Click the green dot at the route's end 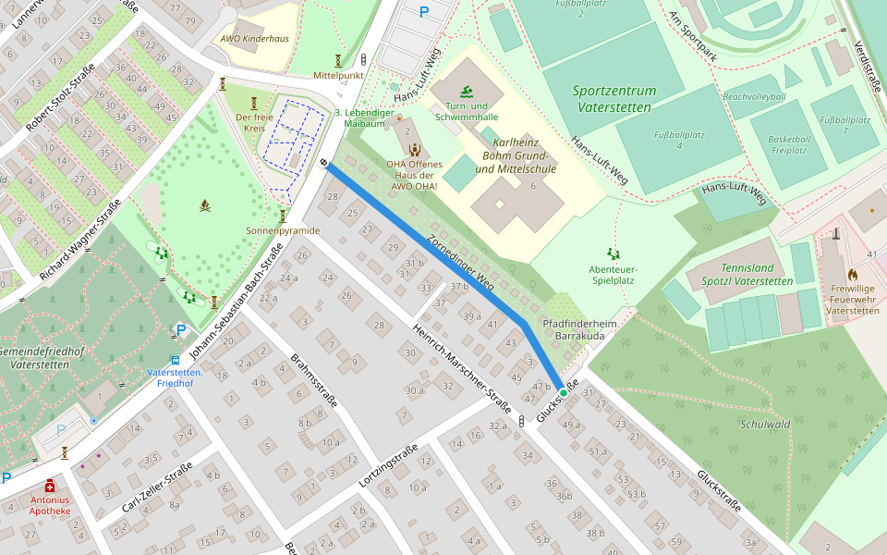point(563,393)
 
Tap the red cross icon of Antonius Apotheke point(50,486)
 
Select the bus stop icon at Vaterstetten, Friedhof point(175,360)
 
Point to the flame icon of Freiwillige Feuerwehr point(852,275)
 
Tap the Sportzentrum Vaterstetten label point(614,99)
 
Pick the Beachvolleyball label point(754,97)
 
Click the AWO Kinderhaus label point(254,39)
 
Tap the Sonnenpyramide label point(283,230)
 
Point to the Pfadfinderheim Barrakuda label point(579,330)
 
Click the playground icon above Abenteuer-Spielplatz point(613,253)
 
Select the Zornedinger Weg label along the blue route point(460,263)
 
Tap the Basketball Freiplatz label point(789,145)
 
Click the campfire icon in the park point(205,205)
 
